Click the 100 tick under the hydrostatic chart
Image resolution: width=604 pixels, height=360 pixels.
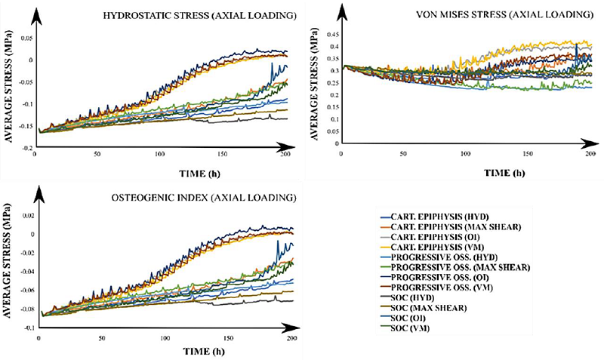tap(159, 155)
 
